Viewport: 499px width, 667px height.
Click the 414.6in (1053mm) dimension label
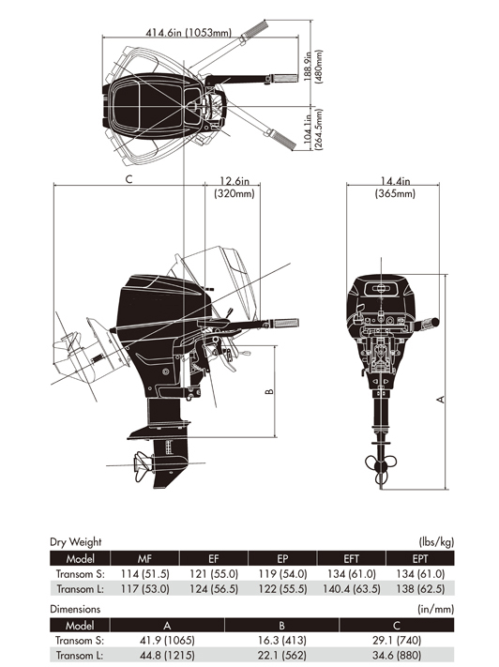[x=189, y=32]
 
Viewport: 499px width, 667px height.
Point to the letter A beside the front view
[x=441, y=400]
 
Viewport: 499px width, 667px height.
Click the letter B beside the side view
[x=269, y=391]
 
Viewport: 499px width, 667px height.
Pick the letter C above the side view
[x=129, y=179]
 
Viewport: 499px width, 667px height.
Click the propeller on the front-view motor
[x=381, y=468]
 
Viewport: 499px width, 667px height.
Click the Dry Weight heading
[x=76, y=542]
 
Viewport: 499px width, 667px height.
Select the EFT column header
[x=352, y=558]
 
